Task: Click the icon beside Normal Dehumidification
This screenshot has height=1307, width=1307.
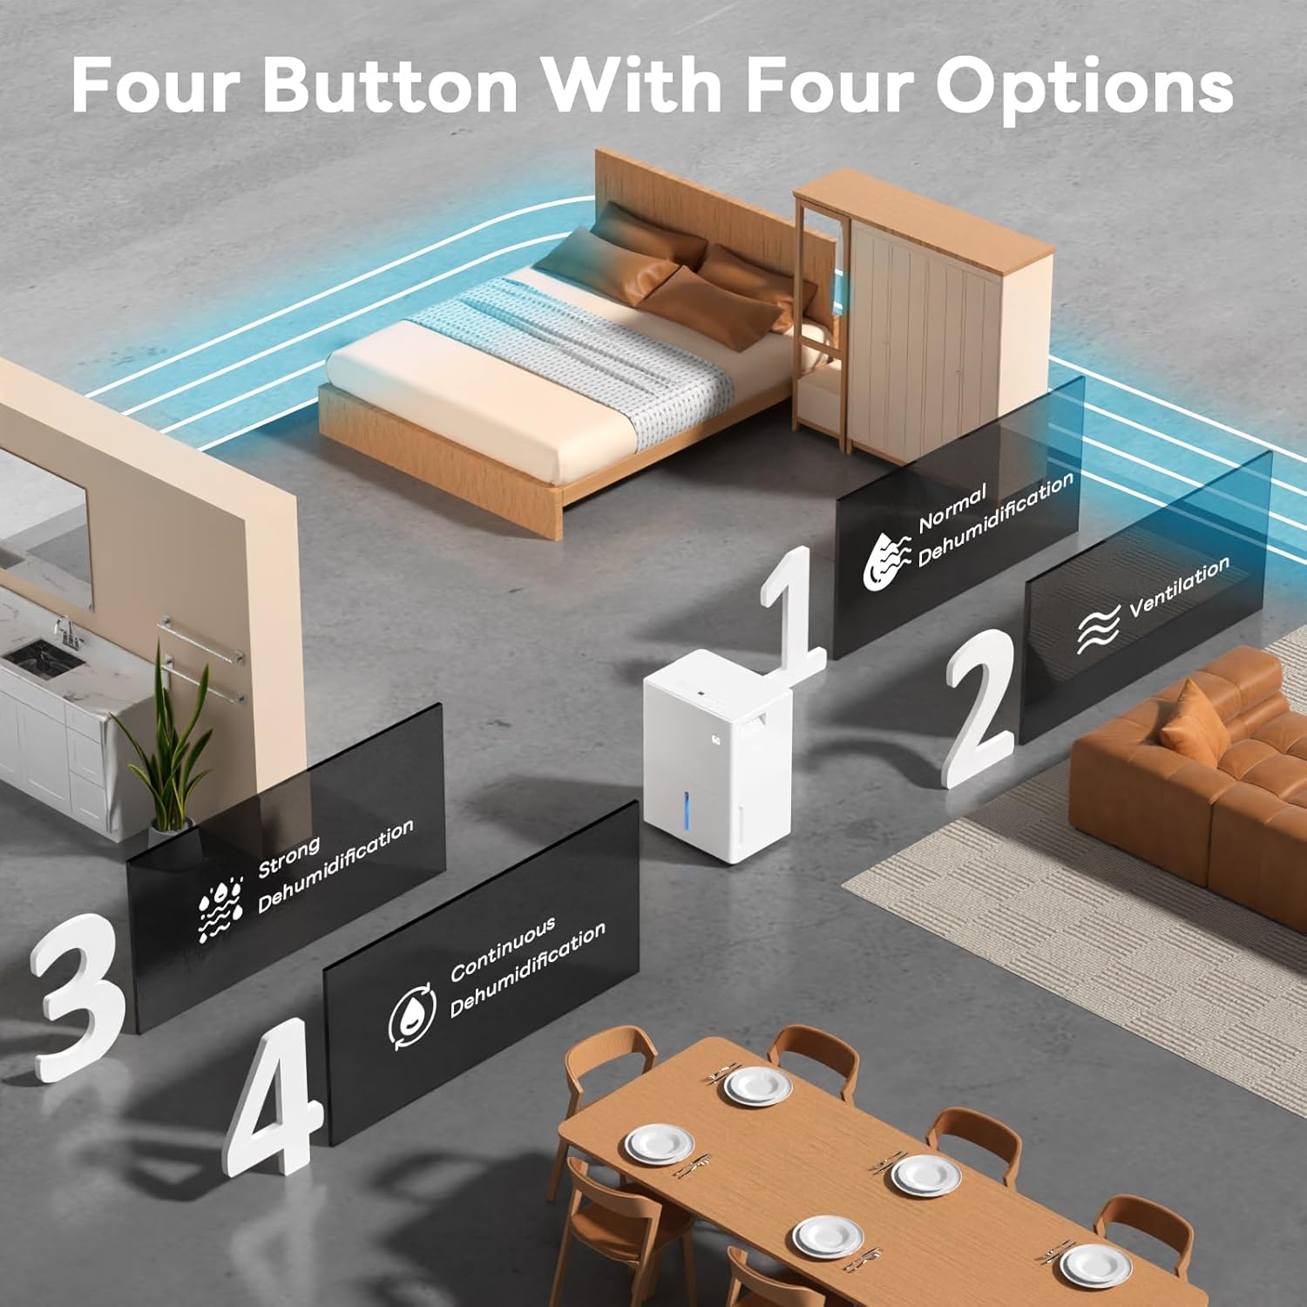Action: coord(886,560)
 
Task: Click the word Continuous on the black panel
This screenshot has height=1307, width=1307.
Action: coord(503,950)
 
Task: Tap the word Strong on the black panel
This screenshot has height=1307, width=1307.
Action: coord(289,857)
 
